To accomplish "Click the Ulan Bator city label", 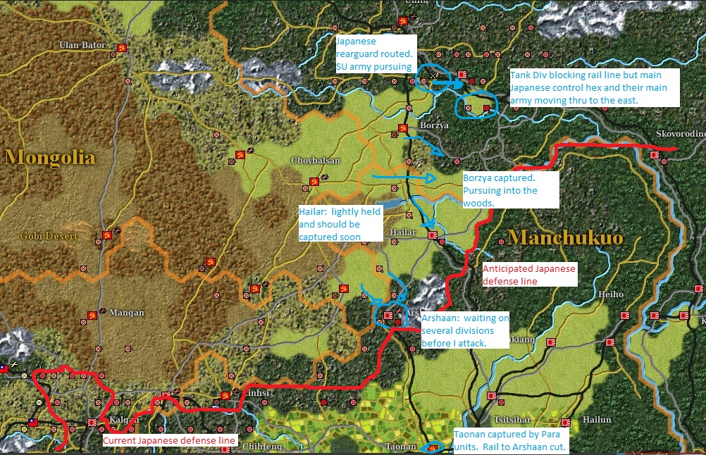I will [82, 45].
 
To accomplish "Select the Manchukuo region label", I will [565, 237].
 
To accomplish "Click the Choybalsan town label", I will [315, 161].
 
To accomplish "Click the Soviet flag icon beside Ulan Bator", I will [122, 47].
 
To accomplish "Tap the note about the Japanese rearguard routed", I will [376, 54].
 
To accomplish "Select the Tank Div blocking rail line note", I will [594, 87].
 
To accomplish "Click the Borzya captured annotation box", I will [509, 189].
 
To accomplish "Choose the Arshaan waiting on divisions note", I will [465, 330].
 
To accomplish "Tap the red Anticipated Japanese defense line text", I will [528, 275].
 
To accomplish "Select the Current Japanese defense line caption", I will [169, 441].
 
